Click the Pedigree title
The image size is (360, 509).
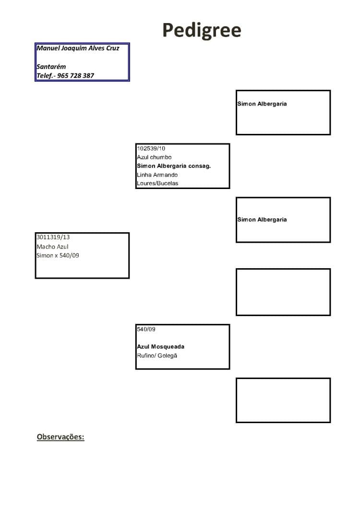(x=202, y=31)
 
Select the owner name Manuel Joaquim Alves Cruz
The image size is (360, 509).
(x=78, y=48)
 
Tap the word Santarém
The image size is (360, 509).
(x=51, y=67)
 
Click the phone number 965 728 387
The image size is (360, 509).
(x=75, y=76)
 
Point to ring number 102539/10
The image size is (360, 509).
(x=151, y=148)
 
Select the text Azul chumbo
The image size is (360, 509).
(x=155, y=157)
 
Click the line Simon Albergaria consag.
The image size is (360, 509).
(x=174, y=166)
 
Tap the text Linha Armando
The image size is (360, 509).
(x=157, y=175)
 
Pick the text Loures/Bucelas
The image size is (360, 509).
(x=157, y=183)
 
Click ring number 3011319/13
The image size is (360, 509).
(x=53, y=237)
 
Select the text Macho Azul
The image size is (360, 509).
(x=53, y=247)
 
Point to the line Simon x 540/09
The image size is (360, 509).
(x=58, y=256)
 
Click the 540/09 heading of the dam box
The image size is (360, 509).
(x=146, y=329)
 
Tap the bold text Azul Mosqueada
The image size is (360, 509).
(x=160, y=347)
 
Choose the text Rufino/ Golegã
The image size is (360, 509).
(x=157, y=355)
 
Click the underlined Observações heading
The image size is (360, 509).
(x=60, y=437)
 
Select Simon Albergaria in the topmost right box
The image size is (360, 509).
(x=262, y=104)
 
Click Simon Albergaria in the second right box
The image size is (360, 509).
(x=262, y=219)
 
